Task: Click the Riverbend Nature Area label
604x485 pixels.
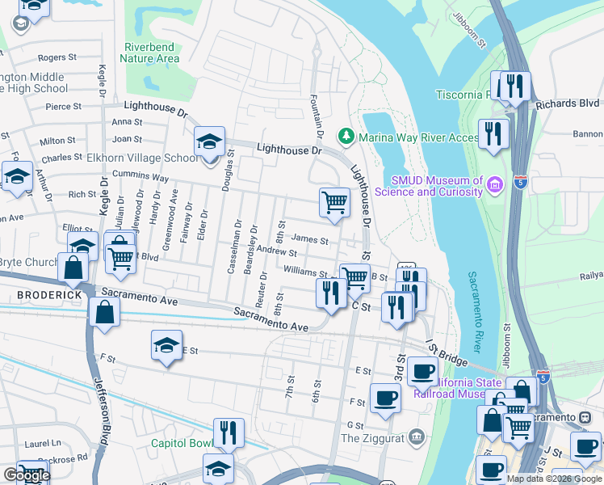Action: pyautogui.click(x=149, y=53)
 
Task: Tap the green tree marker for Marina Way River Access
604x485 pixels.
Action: pyautogui.click(x=346, y=135)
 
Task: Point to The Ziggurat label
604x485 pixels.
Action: pyautogui.click(x=371, y=438)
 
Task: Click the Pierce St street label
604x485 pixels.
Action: pyautogui.click(x=63, y=106)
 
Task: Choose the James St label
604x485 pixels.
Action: pyautogui.click(x=309, y=239)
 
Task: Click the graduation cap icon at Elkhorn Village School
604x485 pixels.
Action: pyautogui.click(x=209, y=141)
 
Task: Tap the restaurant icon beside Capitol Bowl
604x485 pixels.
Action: pyautogui.click(x=229, y=432)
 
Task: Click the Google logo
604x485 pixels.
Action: pyautogui.click(x=26, y=475)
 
